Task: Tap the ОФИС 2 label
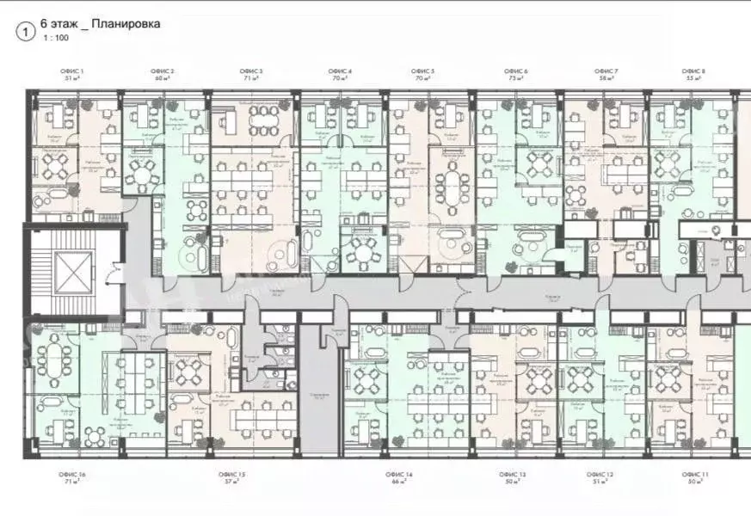tap(163, 70)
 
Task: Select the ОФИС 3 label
tap(251, 70)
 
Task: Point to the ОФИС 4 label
tap(339, 70)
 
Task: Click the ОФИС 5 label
tap(422, 70)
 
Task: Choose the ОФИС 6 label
tap(516, 70)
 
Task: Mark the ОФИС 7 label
tap(606, 70)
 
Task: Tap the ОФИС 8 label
tap(693, 70)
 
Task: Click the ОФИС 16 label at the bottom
tap(71, 474)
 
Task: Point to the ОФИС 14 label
tap(401, 474)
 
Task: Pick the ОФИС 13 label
tap(514, 474)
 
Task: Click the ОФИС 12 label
tap(600, 474)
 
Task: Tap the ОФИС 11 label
tap(695, 474)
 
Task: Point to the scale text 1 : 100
tap(55, 39)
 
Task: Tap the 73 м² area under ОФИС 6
tap(516, 77)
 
